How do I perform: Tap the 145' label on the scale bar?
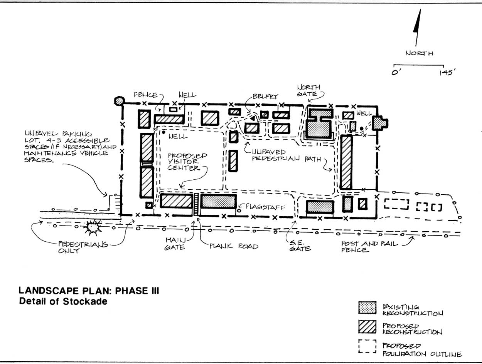(x=447, y=72)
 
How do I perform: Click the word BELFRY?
(x=265, y=96)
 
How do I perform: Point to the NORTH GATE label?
(x=308, y=91)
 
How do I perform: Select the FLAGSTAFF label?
(x=265, y=207)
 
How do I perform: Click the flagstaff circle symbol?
(x=239, y=211)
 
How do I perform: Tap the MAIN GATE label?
(x=175, y=244)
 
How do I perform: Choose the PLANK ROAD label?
(x=234, y=246)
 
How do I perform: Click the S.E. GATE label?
(x=300, y=245)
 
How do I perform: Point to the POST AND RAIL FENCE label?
(x=369, y=247)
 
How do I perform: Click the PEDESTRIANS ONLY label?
(x=83, y=247)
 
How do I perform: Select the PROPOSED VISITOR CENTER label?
(x=187, y=162)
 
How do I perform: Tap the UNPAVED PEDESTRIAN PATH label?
(x=287, y=155)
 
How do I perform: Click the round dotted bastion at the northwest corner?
(x=119, y=101)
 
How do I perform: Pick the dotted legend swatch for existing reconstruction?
(x=367, y=307)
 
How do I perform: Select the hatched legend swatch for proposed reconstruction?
(x=367, y=327)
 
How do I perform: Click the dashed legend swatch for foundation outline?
(x=367, y=346)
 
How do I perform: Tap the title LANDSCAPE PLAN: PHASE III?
(x=89, y=291)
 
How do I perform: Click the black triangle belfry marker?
(x=253, y=119)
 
